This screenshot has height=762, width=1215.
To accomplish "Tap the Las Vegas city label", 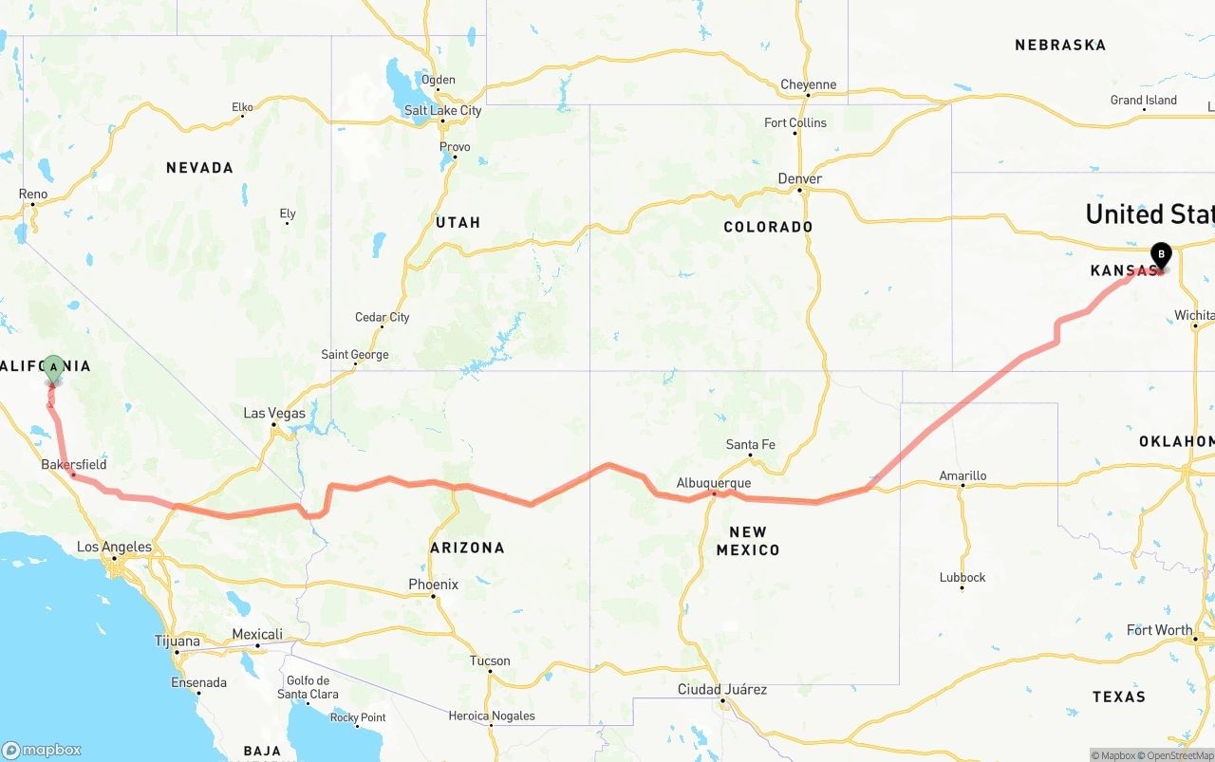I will (274, 413).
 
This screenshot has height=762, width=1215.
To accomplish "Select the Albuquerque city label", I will (713, 483).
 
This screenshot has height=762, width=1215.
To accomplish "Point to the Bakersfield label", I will (73, 465).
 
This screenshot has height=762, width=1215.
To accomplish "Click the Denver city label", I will (799, 178).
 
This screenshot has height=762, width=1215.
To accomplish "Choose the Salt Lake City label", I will (442, 110).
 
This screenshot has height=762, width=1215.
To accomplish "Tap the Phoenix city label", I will (433, 585).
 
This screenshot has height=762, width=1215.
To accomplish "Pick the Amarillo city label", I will (963, 475).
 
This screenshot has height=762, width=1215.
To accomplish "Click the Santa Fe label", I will (750, 444).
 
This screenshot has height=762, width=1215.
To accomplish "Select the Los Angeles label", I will (114, 547).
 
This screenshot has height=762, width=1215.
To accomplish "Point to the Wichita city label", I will (1193, 315).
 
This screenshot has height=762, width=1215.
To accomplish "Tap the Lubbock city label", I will (963, 577).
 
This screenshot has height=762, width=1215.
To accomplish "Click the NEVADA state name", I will (199, 168).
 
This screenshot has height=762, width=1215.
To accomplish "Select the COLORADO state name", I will (768, 227).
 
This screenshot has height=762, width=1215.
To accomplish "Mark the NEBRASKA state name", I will (1060, 45).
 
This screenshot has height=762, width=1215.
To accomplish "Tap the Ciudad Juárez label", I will (721, 689).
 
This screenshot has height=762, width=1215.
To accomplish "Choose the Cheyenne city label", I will (808, 84).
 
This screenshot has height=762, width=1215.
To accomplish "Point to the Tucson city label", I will (490, 660).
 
